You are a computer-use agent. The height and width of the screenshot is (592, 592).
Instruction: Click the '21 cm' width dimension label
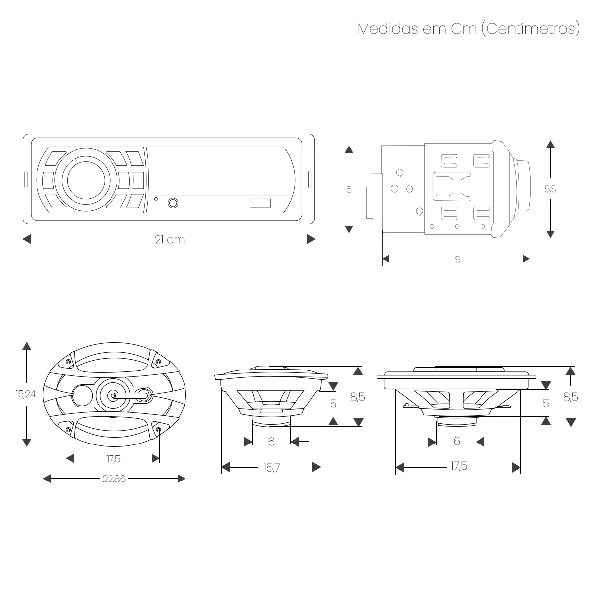169,240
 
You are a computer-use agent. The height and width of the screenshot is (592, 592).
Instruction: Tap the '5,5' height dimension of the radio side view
550,189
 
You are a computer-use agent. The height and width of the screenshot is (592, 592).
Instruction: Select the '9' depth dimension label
458,259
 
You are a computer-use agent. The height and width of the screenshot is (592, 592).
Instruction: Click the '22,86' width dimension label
114,479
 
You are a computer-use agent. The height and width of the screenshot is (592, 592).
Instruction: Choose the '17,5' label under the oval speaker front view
113,459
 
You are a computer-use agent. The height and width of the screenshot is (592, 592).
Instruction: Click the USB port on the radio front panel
260,203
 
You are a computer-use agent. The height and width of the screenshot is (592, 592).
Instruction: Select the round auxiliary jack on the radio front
174,203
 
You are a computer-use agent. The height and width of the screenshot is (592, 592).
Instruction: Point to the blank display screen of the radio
217,170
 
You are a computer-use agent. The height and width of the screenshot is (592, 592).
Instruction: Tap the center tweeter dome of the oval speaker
112,395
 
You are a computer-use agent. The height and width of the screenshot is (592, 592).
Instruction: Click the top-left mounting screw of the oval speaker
68,362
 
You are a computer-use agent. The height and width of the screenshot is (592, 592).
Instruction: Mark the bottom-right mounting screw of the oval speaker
158,430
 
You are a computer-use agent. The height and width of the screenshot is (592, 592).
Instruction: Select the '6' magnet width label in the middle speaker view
271,442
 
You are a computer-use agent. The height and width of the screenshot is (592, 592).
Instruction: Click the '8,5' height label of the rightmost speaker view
570,397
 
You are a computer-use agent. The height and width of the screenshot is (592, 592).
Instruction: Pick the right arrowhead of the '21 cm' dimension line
311,239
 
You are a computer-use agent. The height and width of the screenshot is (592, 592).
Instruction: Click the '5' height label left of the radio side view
349,189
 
